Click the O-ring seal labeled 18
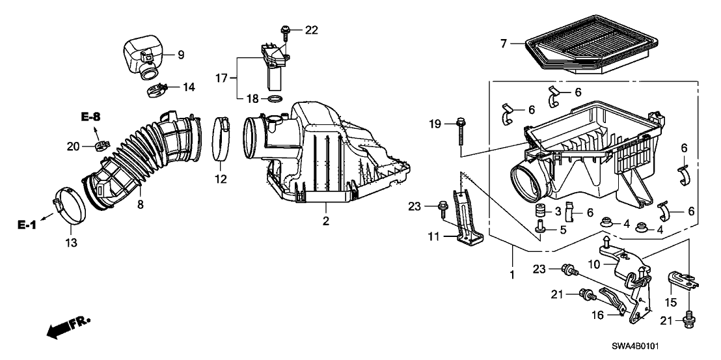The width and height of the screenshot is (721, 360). (x=275, y=100)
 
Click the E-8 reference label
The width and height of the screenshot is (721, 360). (x=91, y=117)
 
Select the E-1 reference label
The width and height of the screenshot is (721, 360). (x=27, y=225)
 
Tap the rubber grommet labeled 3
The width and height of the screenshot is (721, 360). (x=539, y=212)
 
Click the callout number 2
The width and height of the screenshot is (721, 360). (x=325, y=221)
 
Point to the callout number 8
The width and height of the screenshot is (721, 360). (x=140, y=204)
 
